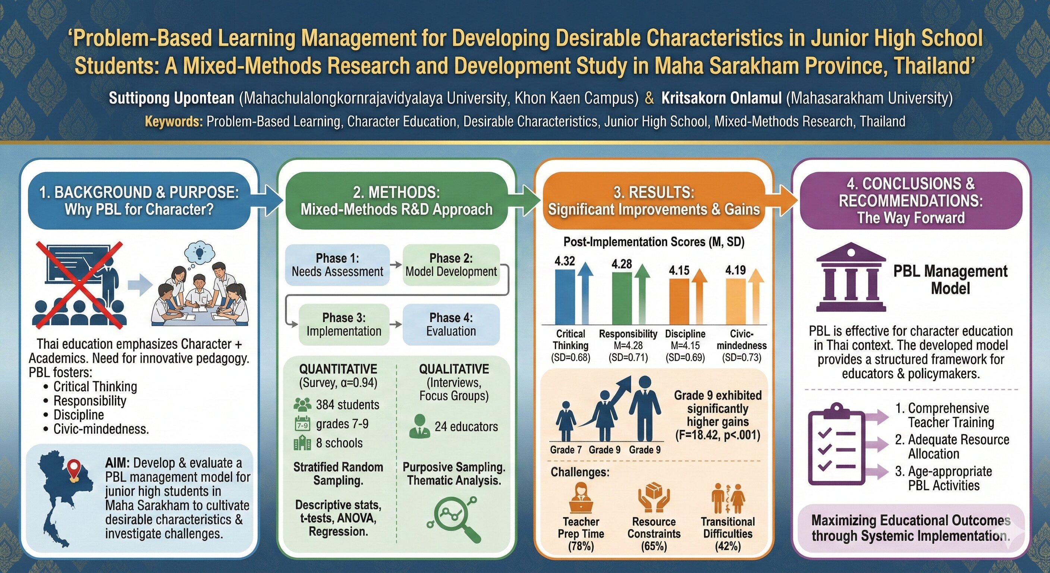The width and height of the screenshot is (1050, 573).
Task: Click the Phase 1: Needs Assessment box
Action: click(x=337, y=265)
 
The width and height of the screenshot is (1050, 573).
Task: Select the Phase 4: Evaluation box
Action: click(x=451, y=324)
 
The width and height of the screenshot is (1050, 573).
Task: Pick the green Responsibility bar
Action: click(x=622, y=298)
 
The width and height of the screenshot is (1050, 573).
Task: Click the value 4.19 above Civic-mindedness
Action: click(x=735, y=270)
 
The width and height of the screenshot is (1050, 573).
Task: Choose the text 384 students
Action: click(x=347, y=404)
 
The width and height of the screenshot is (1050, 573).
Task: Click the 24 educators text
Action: click(x=466, y=427)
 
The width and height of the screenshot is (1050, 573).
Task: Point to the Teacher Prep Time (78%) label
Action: click(x=581, y=533)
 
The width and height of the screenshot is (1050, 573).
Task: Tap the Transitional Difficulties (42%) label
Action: click(x=727, y=533)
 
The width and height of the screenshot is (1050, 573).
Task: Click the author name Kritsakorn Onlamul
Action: click(x=721, y=98)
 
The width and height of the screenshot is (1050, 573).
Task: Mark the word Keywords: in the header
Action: click(x=174, y=122)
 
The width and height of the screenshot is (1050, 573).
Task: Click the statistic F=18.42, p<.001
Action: click(x=717, y=435)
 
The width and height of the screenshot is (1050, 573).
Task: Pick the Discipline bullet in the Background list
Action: click(x=79, y=415)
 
